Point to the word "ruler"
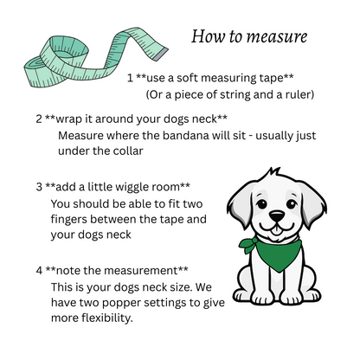(295, 93)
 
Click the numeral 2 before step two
(39, 118)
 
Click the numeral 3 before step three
(39, 186)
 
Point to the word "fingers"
(73, 219)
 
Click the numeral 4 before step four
(39, 270)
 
